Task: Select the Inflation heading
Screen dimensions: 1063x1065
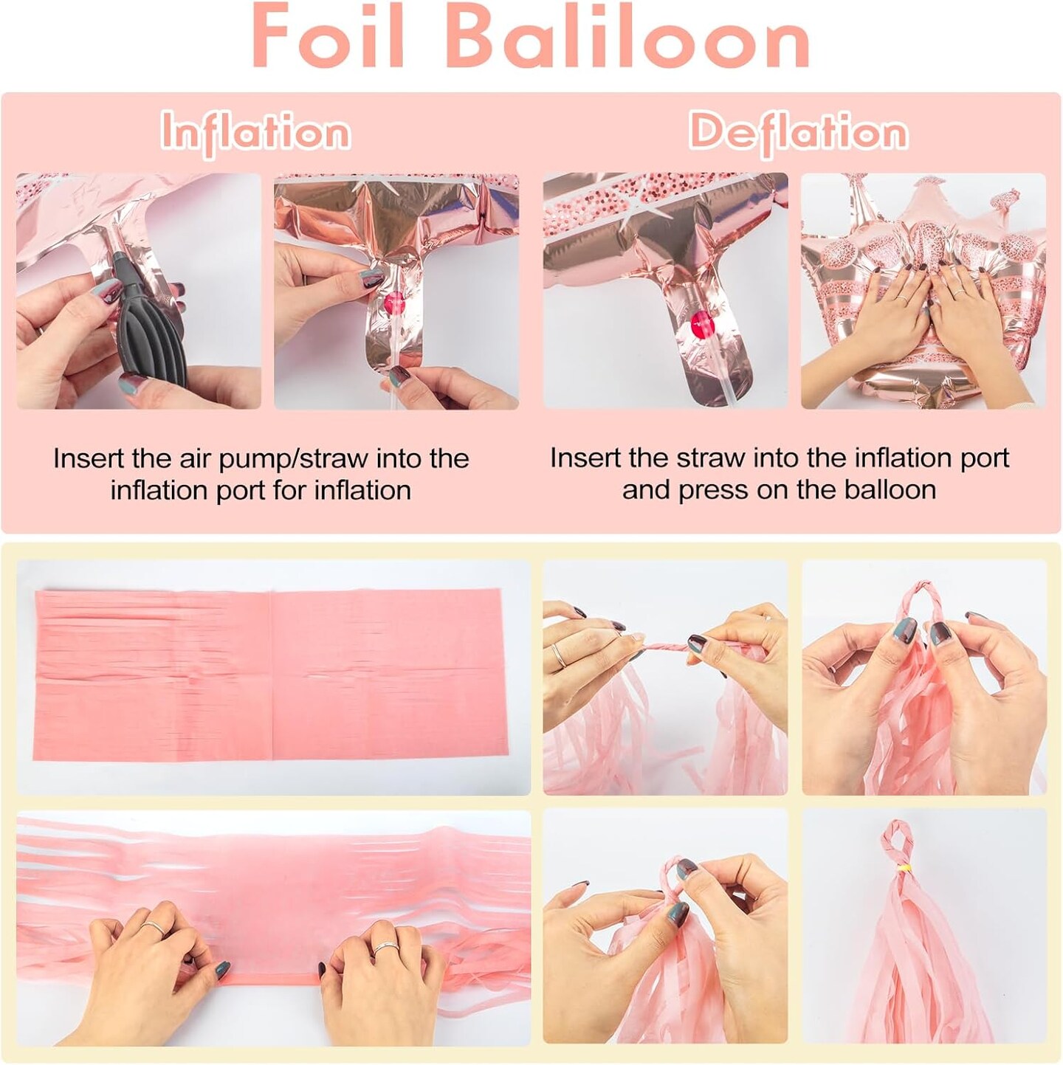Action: pos(256,133)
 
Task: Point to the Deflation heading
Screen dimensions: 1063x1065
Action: pos(798,133)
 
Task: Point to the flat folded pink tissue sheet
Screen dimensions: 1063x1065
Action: pos(269,675)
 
